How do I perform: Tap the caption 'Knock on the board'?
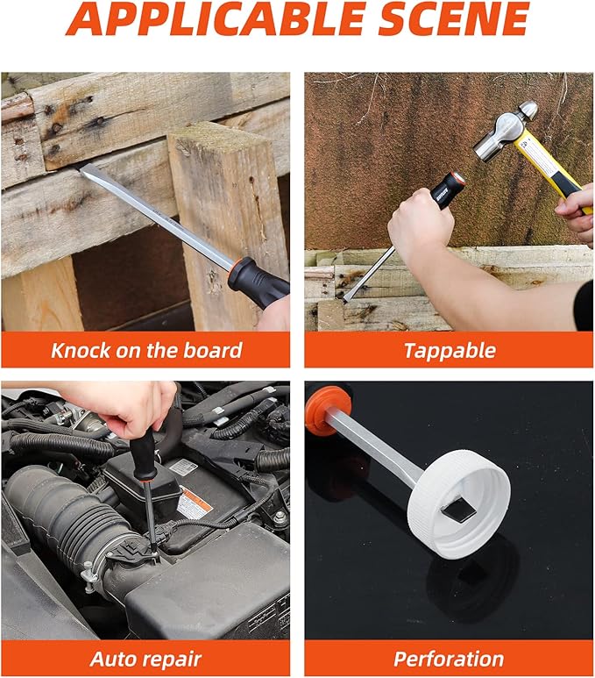pyautogui.click(x=145, y=351)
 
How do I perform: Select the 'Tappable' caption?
pyautogui.click(x=449, y=351)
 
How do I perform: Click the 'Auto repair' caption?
pyautogui.click(x=145, y=659)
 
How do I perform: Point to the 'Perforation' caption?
pyautogui.click(x=449, y=659)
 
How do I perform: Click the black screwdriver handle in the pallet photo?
pyautogui.click(x=258, y=281)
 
